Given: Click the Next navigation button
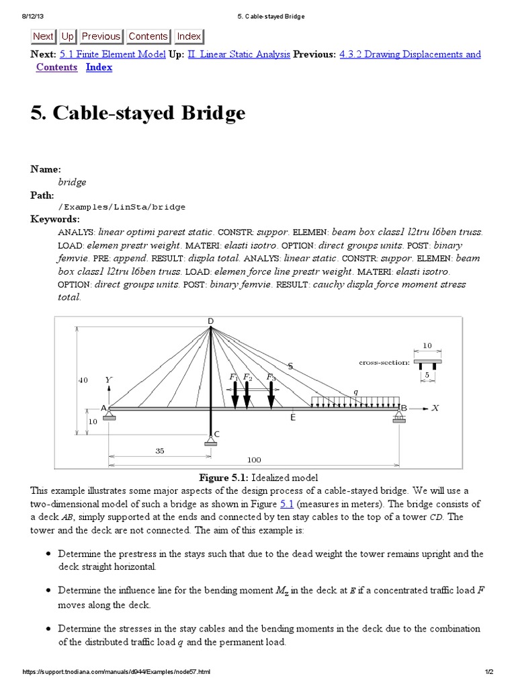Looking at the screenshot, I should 43,36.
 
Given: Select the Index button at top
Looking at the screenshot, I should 189,36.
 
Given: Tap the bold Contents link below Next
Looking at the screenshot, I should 56,67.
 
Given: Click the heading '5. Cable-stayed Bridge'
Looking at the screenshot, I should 138,114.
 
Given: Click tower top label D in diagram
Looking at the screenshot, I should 210,321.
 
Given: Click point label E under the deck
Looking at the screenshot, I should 292,418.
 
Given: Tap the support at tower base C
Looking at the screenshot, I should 210,440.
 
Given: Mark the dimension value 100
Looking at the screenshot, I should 253,460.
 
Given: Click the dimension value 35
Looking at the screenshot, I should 160,451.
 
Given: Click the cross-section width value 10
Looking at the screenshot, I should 427,345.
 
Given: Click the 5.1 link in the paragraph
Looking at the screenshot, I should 287,503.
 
